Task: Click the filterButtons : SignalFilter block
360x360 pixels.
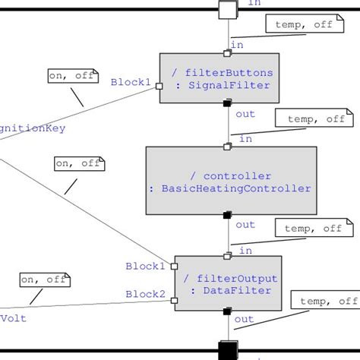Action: coord(219,78)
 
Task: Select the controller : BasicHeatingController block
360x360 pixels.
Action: coord(230,181)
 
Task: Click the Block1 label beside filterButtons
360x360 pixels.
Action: coord(131,82)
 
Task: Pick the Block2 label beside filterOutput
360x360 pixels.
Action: coord(145,294)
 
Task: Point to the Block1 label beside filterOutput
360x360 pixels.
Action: coord(145,267)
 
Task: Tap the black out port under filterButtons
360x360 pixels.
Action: coord(227,104)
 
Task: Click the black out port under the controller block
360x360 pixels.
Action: coord(227,216)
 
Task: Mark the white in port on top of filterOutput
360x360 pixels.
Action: coord(227,256)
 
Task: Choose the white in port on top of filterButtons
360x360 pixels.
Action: coord(227,53)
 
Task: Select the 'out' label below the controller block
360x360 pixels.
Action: coord(245,225)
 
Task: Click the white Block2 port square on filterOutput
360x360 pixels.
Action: coord(175,300)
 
